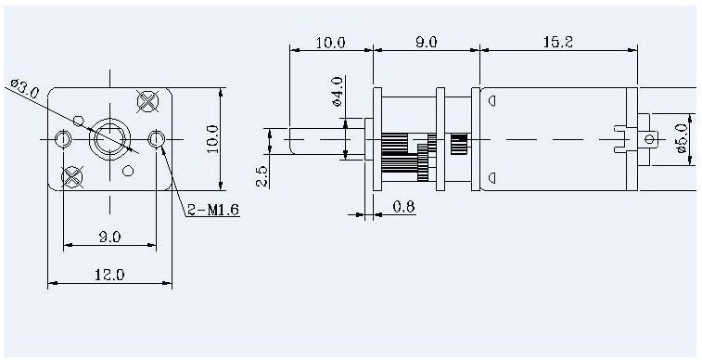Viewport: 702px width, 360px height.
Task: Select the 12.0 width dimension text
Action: pos(109,275)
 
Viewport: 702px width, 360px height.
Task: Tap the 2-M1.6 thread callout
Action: pos(213,209)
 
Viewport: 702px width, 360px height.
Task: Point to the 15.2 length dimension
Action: pos(558,42)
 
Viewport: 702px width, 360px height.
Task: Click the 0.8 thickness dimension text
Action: pos(403,206)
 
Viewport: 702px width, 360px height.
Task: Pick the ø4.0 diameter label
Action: pos(338,91)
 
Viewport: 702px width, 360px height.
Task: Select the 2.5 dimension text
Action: pos(262,176)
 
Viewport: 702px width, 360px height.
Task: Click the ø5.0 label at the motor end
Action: pos(682,138)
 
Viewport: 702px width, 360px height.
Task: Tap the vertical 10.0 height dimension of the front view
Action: pos(212,139)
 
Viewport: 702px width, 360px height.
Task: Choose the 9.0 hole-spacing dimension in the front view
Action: pos(109,237)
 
